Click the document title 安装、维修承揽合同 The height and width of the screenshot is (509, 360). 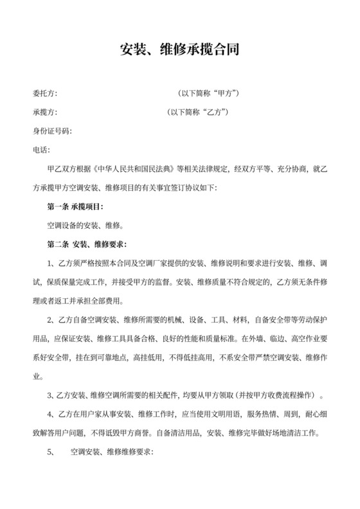click(180, 49)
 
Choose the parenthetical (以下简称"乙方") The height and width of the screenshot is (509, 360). click(199, 112)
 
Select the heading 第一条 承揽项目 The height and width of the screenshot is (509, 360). click(75, 207)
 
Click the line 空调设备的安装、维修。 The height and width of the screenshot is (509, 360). click(86, 226)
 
